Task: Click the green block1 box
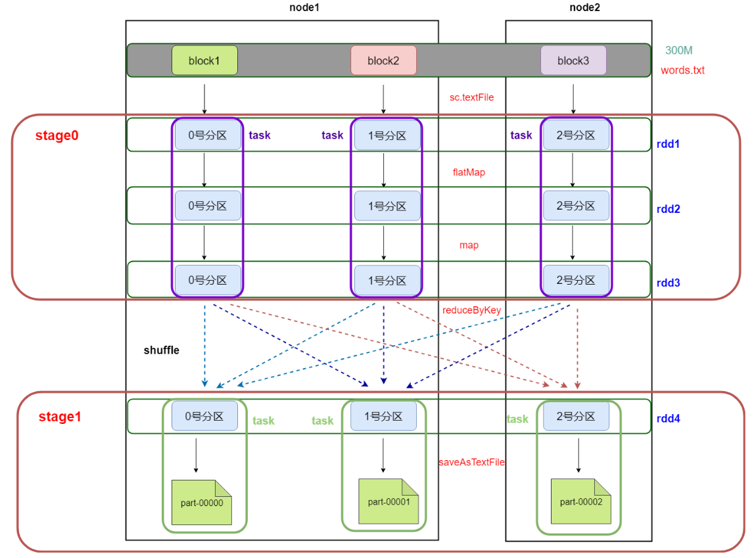coord(204,60)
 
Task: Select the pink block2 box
coord(383,60)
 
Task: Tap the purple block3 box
coord(573,60)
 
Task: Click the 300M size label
coord(678,51)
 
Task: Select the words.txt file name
coord(682,70)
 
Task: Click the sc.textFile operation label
coord(471,97)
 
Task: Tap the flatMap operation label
coord(469,172)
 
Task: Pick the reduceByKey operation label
coord(471,310)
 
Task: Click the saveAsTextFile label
coord(471,462)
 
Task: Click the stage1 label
coord(59,417)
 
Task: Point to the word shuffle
coord(161,350)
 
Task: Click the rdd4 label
coord(668,418)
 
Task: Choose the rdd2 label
coord(668,209)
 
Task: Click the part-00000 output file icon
coord(202,503)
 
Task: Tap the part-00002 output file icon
coord(581,501)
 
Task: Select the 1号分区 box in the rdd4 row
coord(383,416)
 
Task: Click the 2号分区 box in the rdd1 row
coord(576,135)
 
